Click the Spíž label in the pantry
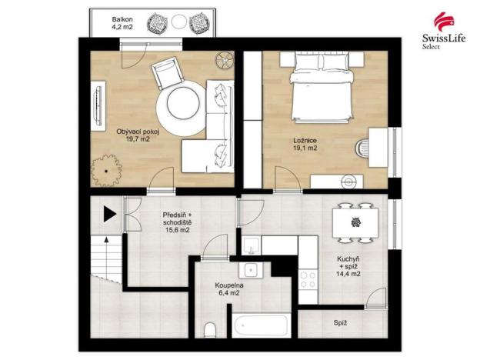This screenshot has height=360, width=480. [339, 324]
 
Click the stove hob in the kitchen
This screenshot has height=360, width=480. [308, 278]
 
